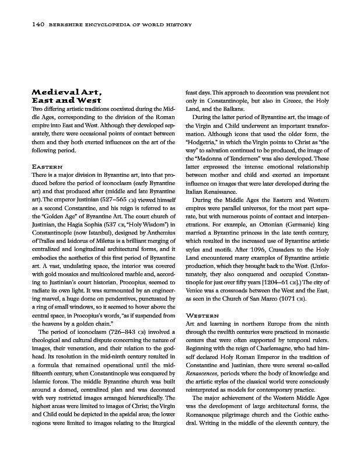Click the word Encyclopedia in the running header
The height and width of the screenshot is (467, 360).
click(89, 24)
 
